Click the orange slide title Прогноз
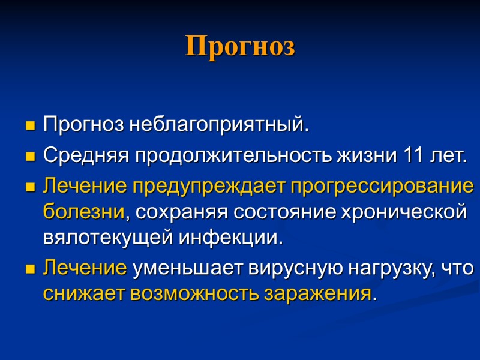tap(240, 46)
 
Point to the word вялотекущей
tap(109, 238)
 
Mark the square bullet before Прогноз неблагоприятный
tap(29, 127)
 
